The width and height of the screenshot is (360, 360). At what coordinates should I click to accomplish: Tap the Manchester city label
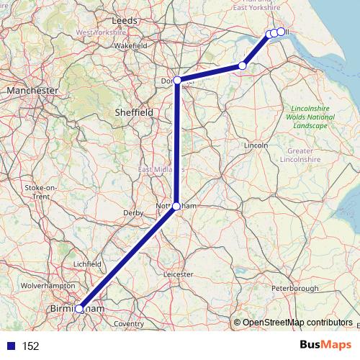pyautogui.click(x=32, y=91)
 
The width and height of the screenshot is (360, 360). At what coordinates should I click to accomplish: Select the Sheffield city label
pyautogui.click(x=133, y=113)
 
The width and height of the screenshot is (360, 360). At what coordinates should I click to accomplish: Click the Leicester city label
pyautogui.click(x=179, y=274)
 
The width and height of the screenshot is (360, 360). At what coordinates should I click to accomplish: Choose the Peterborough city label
pyautogui.click(x=295, y=289)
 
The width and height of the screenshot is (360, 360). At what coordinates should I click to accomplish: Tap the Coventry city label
pyautogui.click(x=129, y=324)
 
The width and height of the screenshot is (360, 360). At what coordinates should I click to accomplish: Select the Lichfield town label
pyautogui.click(x=88, y=264)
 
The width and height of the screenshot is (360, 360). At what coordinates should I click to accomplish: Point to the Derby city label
pyautogui.click(x=134, y=213)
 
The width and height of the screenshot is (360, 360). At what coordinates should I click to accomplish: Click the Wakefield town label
pyautogui.click(x=130, y=45)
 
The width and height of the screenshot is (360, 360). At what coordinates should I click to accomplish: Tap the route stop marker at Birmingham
pyautogui.click(x=79, y=309)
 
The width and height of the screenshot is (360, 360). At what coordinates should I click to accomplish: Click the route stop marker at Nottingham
pyautogui.click(x=176, y=206)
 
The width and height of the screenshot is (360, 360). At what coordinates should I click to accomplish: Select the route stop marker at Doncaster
pyautogui.click(x=177, y=80)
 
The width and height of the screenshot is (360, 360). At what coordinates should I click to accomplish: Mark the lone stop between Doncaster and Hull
pyautogui.click(x=243, y=66)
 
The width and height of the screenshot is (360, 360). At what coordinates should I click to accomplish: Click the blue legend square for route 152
pyautogui.click(x=11, y=346)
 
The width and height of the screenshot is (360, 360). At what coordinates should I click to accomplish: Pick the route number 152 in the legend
pyautogui.click(x=30, y=346)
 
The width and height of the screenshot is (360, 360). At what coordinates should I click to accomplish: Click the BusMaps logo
pyautogui.click(x=321, y=345)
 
